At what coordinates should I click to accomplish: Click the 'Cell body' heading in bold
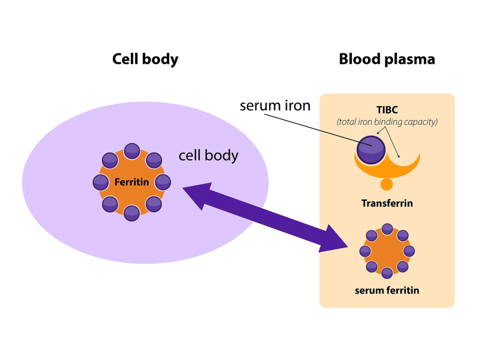point(145,59)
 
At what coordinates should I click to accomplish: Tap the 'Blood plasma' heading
point(387,59)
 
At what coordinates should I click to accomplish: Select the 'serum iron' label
point(275,106)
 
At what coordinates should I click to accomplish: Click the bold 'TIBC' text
point(387,109)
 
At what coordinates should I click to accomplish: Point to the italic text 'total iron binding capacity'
point(387,122)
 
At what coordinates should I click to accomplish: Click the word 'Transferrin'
point(387,203)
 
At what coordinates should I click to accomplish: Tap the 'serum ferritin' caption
point(387,291)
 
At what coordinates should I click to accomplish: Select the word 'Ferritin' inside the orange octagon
point(132,182)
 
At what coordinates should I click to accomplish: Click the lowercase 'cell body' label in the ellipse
point(208,156)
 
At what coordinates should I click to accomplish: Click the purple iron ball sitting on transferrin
point(371,150)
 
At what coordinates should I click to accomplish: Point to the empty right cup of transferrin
point(404,160)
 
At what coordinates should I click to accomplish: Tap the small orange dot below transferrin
point(387,185)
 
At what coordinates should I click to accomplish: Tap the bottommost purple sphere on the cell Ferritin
point(132,213)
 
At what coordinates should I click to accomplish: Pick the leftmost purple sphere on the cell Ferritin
point(101,182)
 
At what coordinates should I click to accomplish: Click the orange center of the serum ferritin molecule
point(387,251)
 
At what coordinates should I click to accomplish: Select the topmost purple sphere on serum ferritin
point(387,229)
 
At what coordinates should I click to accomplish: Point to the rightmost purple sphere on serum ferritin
point(409,251)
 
